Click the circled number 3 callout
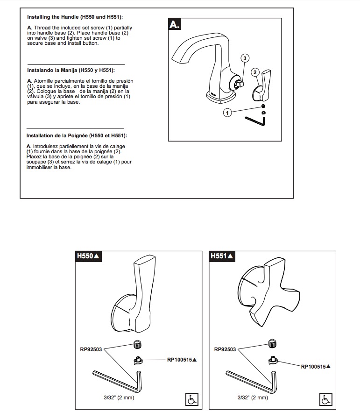click(x=245, y=58)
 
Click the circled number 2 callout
click(x=255, y=72)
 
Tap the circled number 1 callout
click(x=227, y=113)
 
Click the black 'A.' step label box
click(x=175, y=24)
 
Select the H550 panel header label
click(x=88, y=256)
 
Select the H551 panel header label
click(x=222, y=256)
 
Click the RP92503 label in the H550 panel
click(x=91, y=349)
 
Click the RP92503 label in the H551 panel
click(x=225, y=349)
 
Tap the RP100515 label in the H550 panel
click(x=182, y=360)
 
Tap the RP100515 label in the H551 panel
click(x=316, y=367)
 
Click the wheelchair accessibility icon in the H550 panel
click(x=192, y=399)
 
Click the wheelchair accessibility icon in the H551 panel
click(x=325, y=399)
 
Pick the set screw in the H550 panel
click(x=137, y=344)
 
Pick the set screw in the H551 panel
click(x=272, y=344)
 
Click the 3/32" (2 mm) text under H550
click(x=119, y=398)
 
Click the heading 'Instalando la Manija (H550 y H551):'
click(x=71, y=70)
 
